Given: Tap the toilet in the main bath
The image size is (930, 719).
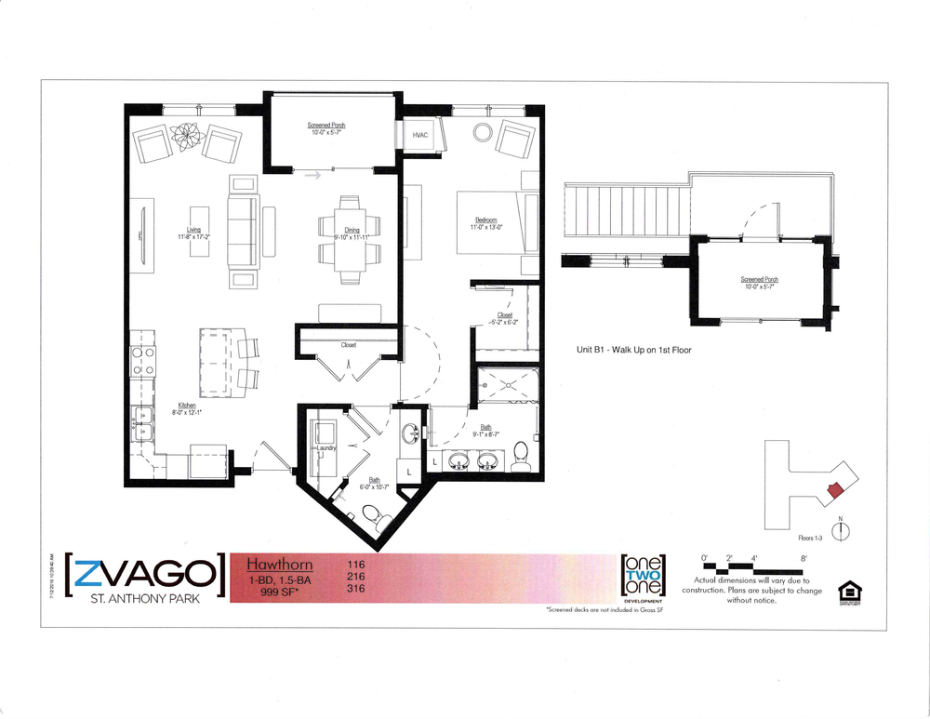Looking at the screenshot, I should [x=521, y=454].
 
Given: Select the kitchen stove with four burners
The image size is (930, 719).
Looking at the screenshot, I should [x=143, y=360].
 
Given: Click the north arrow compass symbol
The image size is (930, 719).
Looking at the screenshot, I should [x=841, y=531].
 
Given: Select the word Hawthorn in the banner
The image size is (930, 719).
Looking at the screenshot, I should [x=279, y=565].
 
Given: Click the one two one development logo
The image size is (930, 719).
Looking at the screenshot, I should [x=642, y=578].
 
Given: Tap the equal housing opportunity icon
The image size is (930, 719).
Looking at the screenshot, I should [x=847, y=592].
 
